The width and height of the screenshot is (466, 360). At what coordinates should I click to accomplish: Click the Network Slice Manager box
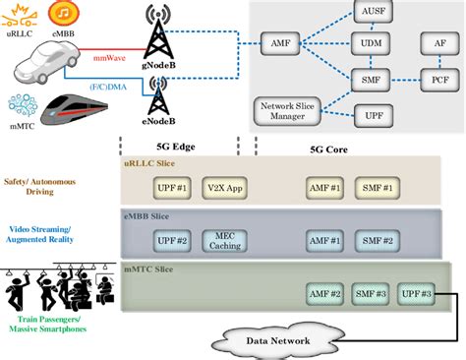287,110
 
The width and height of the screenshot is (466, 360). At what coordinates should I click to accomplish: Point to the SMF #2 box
376,241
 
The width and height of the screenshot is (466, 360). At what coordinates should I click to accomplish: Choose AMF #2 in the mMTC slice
324,294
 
